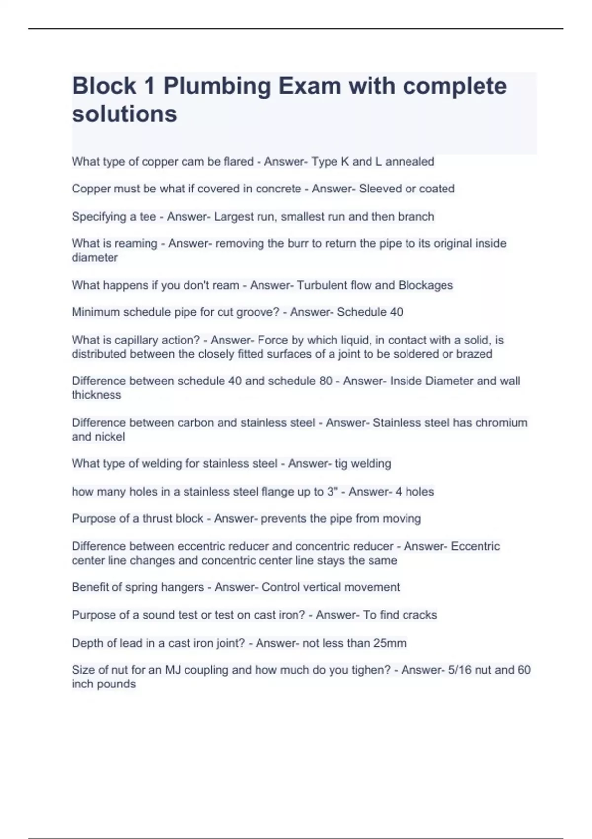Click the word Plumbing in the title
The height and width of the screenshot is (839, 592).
pyautogui.click(x=217, y=87)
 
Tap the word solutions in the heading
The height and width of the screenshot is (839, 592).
pyautogui.click(x=124, y=114)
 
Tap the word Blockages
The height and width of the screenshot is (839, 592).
pyautogui.click(x=425, y=285)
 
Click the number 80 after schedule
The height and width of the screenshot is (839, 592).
pyautogui.click(x=325, y=381)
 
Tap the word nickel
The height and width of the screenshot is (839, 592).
pyautogui.click(x=110, y=437)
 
